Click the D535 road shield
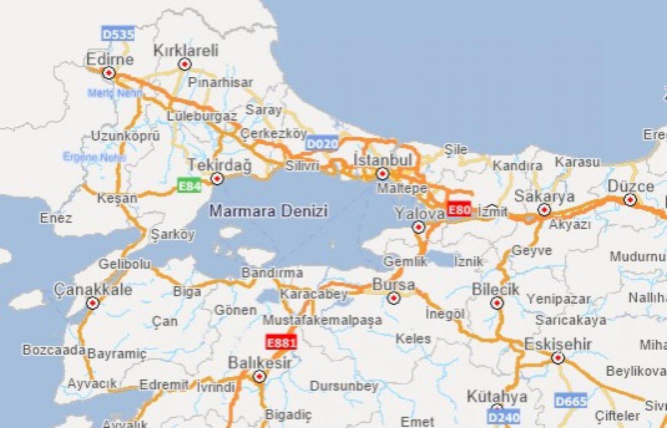(118, 34)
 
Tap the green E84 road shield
(189, 185)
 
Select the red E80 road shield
(459, 209)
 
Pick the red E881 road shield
(281, 342)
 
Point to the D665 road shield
(571, 401)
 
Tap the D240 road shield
(504, 416)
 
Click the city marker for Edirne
(109, 72)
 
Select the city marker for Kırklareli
(185, 65)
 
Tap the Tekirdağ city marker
(217, 178)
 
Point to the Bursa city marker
(394, 299)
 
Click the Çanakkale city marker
(93, 303)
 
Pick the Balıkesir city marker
(259, 377)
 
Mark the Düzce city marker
(630, 200)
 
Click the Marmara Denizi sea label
(268, 211)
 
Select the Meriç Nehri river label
(115, 93)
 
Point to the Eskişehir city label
(558, 344)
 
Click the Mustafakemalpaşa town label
(322, 320)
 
